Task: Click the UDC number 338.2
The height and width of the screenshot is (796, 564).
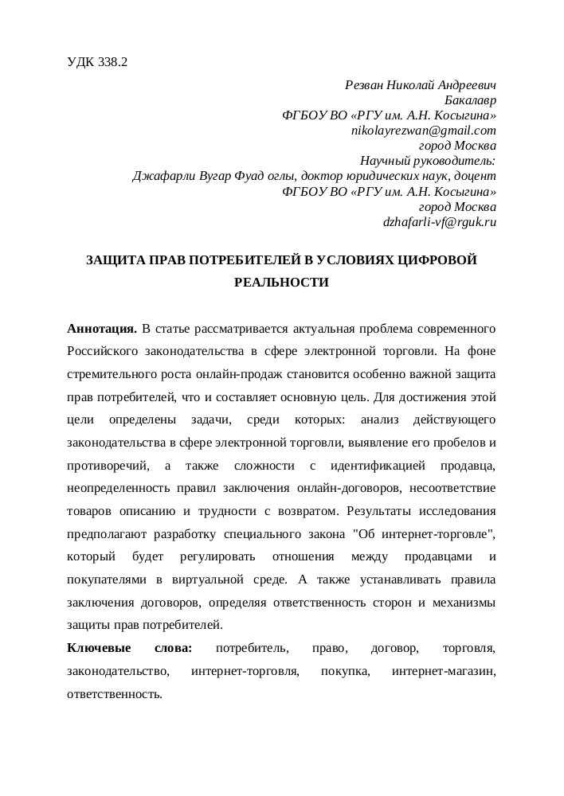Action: (112, 61)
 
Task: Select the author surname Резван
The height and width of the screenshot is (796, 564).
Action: (364, 84)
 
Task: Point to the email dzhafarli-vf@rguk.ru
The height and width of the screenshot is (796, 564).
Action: (440, 222)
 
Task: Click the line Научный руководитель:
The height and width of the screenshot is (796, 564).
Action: (429, 161)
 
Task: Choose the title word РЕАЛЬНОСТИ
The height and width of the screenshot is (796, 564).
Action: (281, 282)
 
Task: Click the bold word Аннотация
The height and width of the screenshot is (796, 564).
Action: (102, 328)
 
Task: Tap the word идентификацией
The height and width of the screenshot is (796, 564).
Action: (378, 464)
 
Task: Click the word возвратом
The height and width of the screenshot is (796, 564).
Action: (358, 509)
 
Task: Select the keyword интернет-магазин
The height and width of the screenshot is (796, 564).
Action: (445, 671)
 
